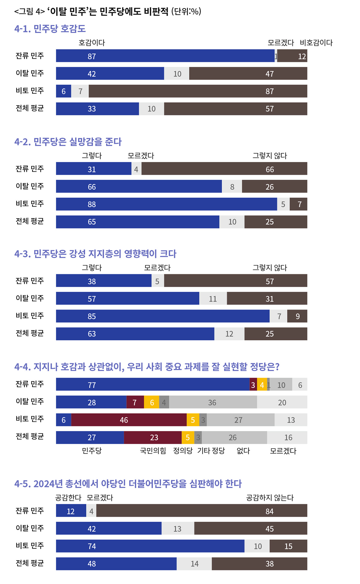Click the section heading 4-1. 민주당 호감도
[50, 29]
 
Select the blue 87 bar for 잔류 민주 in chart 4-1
[165, 56]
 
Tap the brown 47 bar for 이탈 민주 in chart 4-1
[248, 73]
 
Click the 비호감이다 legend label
[316, 43]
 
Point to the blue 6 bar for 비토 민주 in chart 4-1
[64, 91]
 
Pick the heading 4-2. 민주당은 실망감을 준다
[68, 142]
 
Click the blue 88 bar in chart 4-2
[166, 204]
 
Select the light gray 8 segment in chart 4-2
[232, 187]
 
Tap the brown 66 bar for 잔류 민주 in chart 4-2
[224, 169]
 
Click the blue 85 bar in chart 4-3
[163, 316]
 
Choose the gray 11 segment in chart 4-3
[213, 299]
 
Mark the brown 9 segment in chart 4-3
[297, 316]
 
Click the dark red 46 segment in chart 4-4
[129, 420]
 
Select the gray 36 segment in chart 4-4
[213, 402]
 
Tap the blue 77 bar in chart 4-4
[153, 385]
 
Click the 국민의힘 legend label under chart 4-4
[153, 451]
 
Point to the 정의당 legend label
[183, 451]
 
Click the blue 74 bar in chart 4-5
[150, 546]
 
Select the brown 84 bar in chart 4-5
[202, 511]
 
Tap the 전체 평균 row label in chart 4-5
[30, 563]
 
